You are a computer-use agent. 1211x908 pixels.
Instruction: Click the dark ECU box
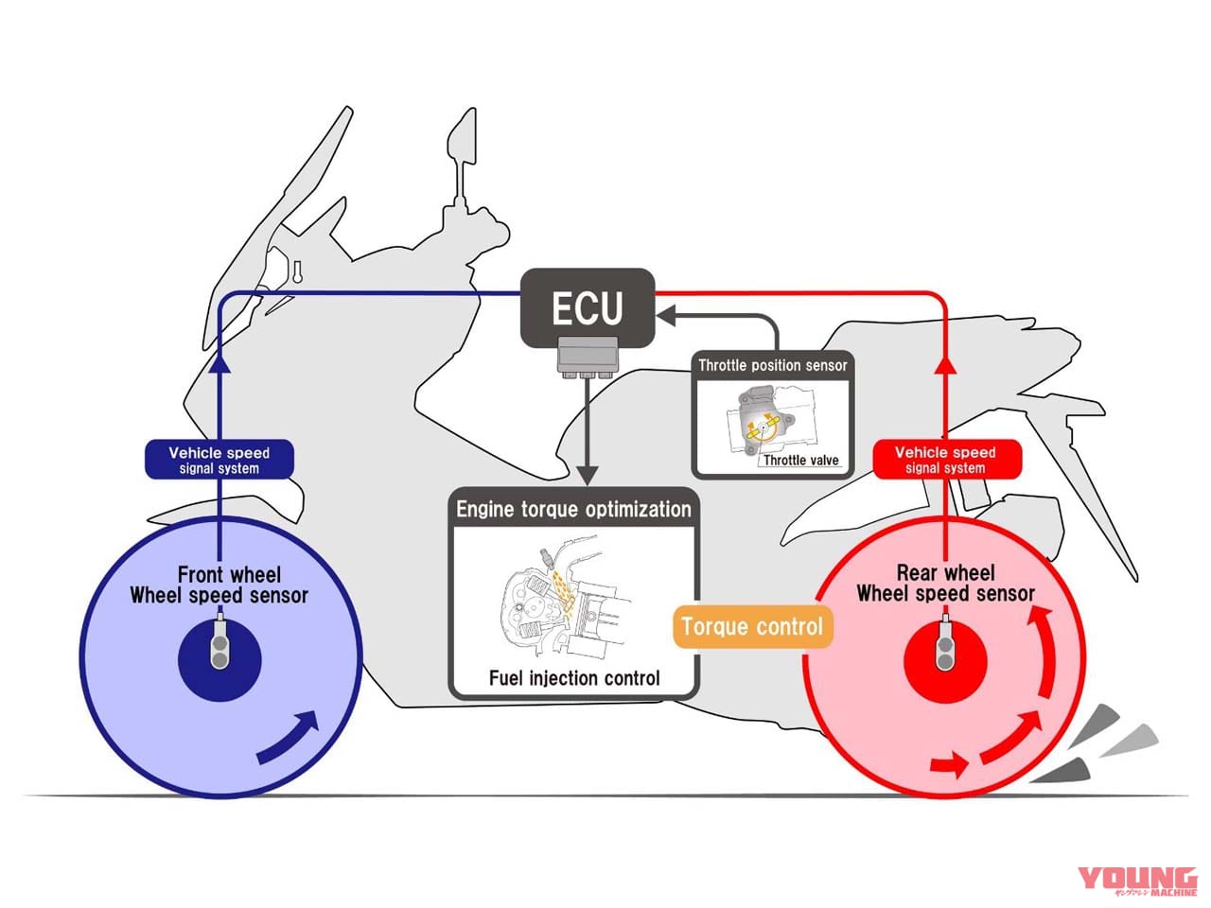pos(588,308)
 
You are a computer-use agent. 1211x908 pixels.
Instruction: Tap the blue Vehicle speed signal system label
pos(219,460)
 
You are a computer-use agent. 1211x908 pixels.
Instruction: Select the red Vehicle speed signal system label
pos(945,460)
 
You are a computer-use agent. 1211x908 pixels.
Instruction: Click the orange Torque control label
pos(752,626)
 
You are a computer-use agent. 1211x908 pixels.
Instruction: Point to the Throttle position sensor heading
pos(773,365)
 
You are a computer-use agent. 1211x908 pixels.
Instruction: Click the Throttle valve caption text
pos(800,461)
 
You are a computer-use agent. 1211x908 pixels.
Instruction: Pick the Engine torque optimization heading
pos(573,509)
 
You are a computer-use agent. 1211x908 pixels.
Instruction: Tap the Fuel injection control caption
pos(574,677)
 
